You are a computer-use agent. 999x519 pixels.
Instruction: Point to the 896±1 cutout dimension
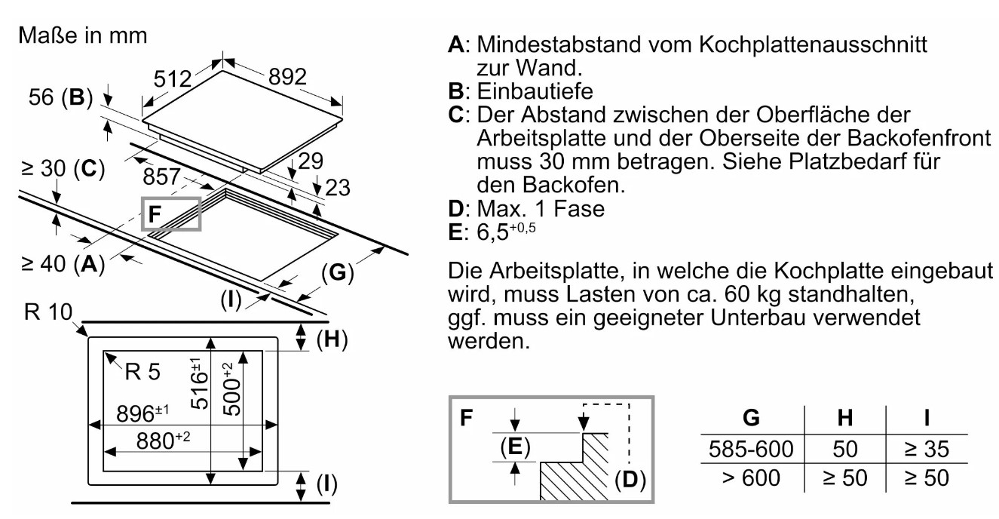pyautogui.click(x=140, y=415)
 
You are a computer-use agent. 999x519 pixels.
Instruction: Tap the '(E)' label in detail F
pyautogui.click(x=513, y=447)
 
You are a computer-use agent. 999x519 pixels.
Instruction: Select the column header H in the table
pyautogui.click(x=845, y=418)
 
